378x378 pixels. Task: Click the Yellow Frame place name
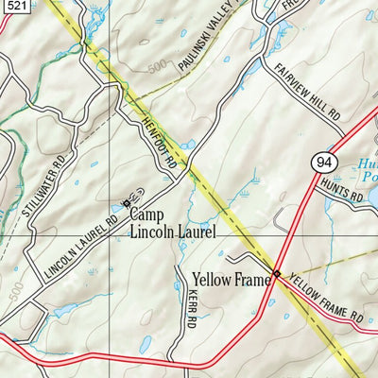230,279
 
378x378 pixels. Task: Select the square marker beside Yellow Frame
275,274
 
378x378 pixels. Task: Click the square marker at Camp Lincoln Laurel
126,202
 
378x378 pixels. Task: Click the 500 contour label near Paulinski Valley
159,68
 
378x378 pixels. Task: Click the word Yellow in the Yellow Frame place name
211,279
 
